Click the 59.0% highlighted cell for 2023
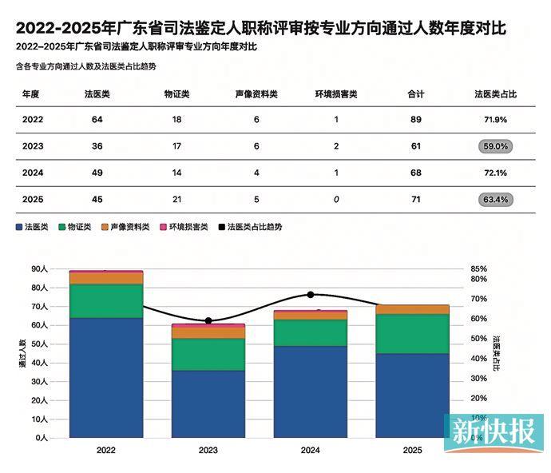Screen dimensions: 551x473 click(x=495, y=146)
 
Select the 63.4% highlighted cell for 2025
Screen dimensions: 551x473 click(x=495, y=200)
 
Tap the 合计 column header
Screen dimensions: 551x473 click(x=416, y=94)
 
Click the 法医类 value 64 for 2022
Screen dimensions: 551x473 click(x=97, y=120)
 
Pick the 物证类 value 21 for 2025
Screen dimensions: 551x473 click(x=176, y=200)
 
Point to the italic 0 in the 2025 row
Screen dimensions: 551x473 click(x=336, y=200)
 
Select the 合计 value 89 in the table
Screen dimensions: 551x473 click(x=416, y=120)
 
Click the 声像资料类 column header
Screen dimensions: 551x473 click(x=256, y=94)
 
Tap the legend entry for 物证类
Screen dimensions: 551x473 click(x=75, y=227)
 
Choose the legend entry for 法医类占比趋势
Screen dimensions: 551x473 click(x=250, y=227)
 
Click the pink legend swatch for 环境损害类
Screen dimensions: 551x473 click(x=164, y=227)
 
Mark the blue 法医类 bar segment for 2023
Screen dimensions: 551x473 click(x=208, y=404)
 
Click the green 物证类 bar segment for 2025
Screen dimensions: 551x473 click(x=413, y=334)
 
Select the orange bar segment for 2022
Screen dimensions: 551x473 click(x=106, y=279)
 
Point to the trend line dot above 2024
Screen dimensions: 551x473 click(x=311, y=295)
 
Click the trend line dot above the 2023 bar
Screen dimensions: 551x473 click(x=208, y=320)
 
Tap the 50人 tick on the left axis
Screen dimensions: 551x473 click(x=39, y=344)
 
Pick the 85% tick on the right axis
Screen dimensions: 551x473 click(x=478, y=269)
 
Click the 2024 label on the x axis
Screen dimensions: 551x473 click(x=311, y=450)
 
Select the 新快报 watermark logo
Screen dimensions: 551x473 click(x=494, y=433)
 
